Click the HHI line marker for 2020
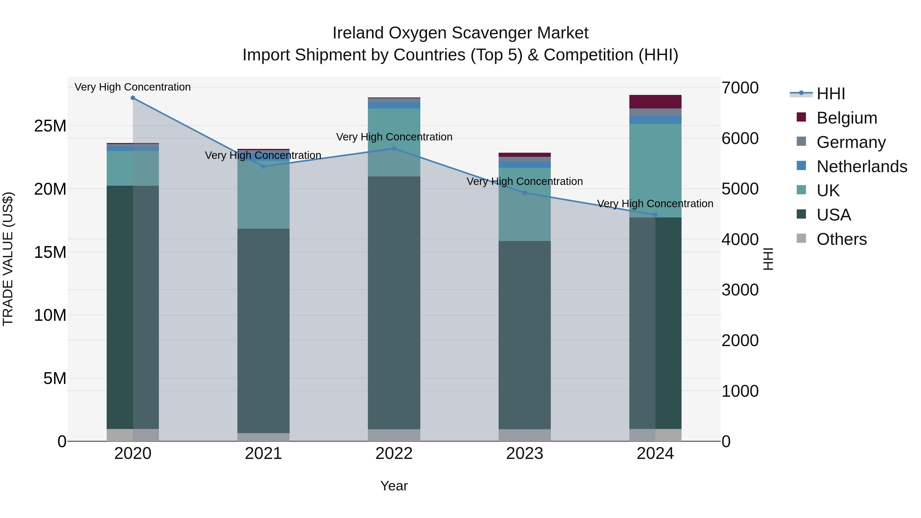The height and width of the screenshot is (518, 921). [x=133, y=98]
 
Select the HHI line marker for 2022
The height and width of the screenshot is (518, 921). [x=394, y=148]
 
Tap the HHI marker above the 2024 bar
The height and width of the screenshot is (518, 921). [x=655, y=215]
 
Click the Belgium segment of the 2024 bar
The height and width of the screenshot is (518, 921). [x=655, y=102]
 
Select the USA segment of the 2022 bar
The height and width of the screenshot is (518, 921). [x=394, y=302]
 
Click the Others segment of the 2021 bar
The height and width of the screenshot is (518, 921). [x=263, y=437]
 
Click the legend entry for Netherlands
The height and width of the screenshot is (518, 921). [x=862, y=167]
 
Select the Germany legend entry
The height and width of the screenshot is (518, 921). [x=851, y=142]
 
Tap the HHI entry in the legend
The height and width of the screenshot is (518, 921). [x=830, y=94]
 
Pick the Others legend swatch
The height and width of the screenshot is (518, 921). [x=801, y=238]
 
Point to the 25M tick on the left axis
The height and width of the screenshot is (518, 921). [x=50, y=126]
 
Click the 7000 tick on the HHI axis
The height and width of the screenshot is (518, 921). [x=740, y=88]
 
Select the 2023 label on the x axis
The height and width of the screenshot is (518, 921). [x=524, y=454]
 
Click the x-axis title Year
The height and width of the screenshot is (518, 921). [x=394, y=486]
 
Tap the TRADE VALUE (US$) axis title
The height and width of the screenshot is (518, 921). [x=8, y=259]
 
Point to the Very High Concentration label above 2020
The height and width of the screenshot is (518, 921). [x=133, y=87]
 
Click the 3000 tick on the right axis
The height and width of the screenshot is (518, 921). [x=740, y=290]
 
